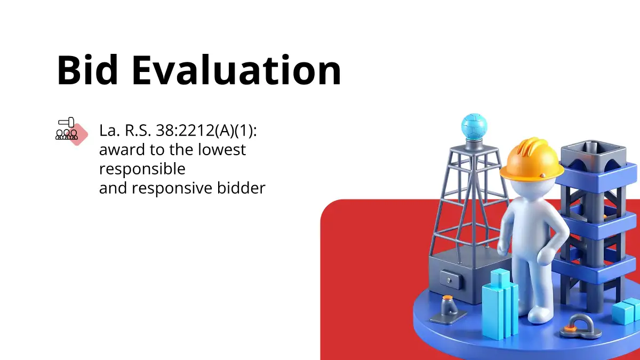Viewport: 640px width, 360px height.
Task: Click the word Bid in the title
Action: click(87, 70)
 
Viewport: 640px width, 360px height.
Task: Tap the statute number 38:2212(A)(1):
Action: click(206, 131)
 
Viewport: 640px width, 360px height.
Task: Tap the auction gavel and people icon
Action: click(71, 131)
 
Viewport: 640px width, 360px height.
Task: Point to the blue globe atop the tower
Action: click(474, 126)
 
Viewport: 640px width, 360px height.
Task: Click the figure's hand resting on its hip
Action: click(546, 255)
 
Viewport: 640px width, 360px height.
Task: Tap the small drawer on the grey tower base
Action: click(451, 279)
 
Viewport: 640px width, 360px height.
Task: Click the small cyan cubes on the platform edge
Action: click(626, 311)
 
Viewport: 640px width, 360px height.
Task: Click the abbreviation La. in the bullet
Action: click(109, 131)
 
